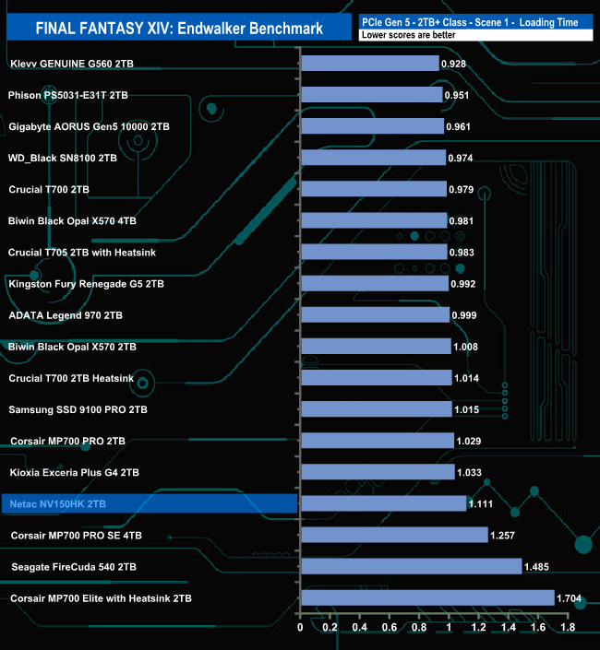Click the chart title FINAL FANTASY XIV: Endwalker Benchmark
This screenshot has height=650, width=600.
[x=179, y=28]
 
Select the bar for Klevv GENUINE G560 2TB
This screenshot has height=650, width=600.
[x=369, y=64]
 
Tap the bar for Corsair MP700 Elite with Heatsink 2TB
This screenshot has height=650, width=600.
[x=427, y=597]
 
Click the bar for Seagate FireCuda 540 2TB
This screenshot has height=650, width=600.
[x=411, y=566]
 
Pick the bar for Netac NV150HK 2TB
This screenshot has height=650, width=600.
[x=383, y=503]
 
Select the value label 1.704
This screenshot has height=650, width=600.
[x=569, y=597]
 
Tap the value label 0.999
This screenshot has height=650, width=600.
[x=464, y=315]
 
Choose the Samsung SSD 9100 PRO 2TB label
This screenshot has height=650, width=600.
[x=78, y=409]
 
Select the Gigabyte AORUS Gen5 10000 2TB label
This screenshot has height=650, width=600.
[x=89, y=126]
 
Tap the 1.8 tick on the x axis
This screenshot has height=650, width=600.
[x=568, y=628]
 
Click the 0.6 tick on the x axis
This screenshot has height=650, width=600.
[x=390, y=628]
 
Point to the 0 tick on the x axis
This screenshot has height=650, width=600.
[x=301, y=628]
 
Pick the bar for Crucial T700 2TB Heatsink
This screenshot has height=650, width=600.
[x=377, y=378]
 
